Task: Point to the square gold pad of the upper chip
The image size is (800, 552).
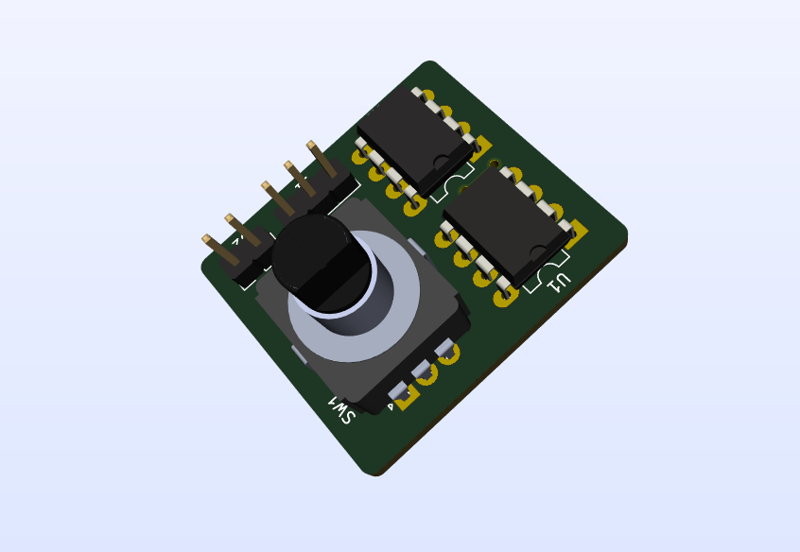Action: pyautogui.click(x=483, y=147)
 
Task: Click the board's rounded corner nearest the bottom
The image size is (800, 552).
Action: pyautogui.click(x=376, y=471)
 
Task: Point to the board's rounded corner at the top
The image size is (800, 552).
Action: pyautogui.click(x=430, y=65)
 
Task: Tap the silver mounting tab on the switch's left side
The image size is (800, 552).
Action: pyautogui.click(x=298, y=354)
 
